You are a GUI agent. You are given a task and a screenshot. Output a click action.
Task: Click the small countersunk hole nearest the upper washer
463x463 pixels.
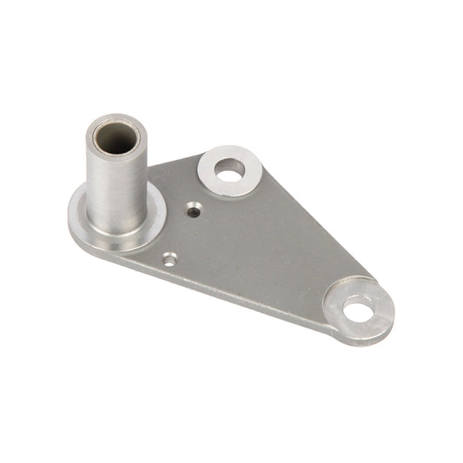click(193, 208)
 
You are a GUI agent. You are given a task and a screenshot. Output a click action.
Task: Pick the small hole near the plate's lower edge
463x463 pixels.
click(169, 258)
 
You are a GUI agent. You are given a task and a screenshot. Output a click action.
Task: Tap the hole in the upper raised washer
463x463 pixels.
click(229, 174)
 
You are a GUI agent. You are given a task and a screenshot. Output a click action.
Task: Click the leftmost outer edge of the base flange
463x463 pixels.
click(69, 217)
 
